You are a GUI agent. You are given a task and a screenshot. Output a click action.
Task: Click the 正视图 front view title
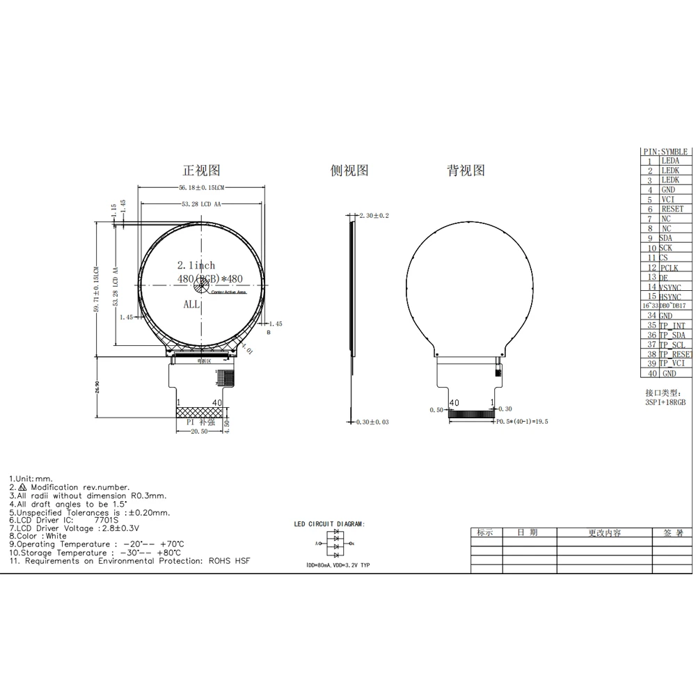pos(201,171)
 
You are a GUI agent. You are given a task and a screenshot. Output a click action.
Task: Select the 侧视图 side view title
pos(349,171)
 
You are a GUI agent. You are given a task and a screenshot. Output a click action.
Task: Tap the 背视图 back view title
pos(466,171)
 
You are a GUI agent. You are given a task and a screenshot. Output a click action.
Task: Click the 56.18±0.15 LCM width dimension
pos(201,188)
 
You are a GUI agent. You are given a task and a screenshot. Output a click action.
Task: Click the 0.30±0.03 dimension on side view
pos(372,422)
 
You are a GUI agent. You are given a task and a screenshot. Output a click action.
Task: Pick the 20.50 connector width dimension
pos(200,432)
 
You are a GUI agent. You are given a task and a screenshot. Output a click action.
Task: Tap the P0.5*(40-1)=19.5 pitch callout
pos(523,422)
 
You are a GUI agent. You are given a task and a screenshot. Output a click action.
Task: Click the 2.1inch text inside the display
pos(196,265)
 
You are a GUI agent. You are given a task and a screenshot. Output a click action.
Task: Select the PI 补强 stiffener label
pos(200,422)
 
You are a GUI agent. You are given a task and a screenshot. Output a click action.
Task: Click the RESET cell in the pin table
pos(672,209)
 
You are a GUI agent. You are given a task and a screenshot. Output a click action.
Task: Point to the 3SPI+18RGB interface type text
pos(665,402)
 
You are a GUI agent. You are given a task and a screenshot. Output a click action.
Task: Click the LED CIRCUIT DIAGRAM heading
pos(329,523)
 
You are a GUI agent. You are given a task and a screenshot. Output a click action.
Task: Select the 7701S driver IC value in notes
pos(106,520)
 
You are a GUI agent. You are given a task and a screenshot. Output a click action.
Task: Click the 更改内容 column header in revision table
pos(604,532)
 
